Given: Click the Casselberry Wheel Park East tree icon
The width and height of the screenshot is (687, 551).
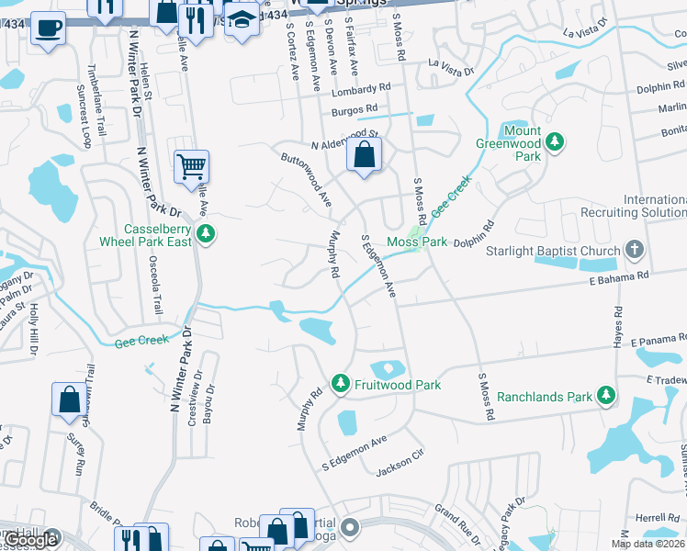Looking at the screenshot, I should tap(208, 233).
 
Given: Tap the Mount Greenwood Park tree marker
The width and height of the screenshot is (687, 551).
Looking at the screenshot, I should tap(554, 141).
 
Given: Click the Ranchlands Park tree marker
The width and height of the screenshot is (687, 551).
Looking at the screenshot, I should tap(605, 395).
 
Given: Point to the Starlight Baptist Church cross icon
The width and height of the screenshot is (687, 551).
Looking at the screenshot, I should tap(634, 250).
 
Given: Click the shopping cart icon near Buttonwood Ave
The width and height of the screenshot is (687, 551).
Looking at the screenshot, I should tap(192, 167).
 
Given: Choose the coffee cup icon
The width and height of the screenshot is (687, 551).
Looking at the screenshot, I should tap(48, 28).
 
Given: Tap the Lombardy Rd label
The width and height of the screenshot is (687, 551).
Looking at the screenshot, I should tap(362, 89).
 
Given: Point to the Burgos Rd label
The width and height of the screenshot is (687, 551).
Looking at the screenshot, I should tap(355, 109).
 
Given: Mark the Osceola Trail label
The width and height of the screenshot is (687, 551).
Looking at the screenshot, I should tap(157, 284).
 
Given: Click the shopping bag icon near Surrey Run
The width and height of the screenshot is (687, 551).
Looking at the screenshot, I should tap(69, 400).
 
